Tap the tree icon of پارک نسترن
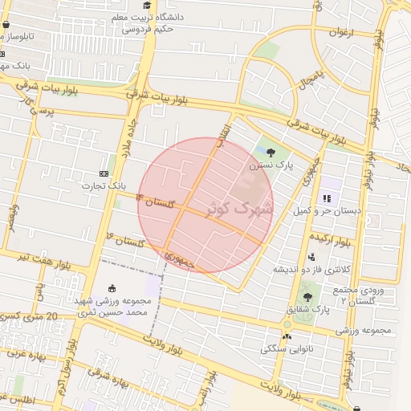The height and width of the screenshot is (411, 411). [x=270, y=152]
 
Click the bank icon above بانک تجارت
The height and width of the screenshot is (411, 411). [x=104, y=173]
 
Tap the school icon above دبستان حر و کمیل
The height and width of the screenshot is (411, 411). [x=327, y=198]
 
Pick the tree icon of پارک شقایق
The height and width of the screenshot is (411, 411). [x=307, y=296]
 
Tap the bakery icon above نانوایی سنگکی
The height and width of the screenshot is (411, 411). [x=287, y=336]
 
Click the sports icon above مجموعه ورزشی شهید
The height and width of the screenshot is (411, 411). [x=111, y=289]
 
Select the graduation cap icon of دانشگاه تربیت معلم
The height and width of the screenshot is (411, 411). [x=146, y=6]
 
